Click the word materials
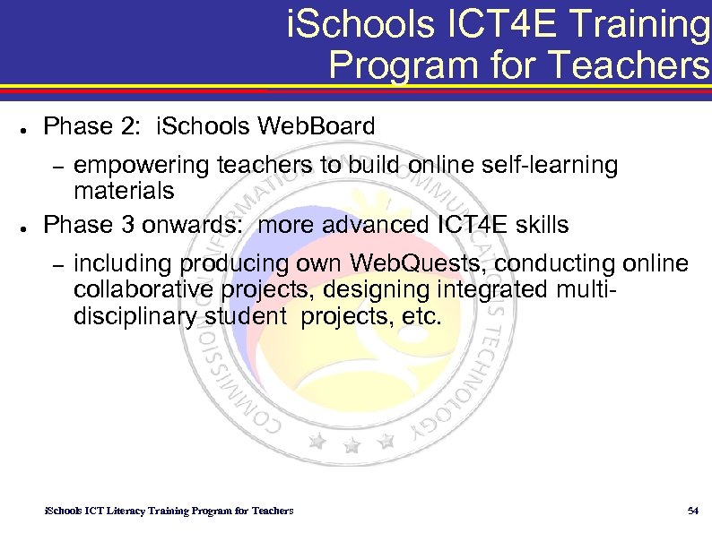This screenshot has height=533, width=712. tap(124, 191)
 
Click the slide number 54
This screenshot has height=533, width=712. tap(691, 511)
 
